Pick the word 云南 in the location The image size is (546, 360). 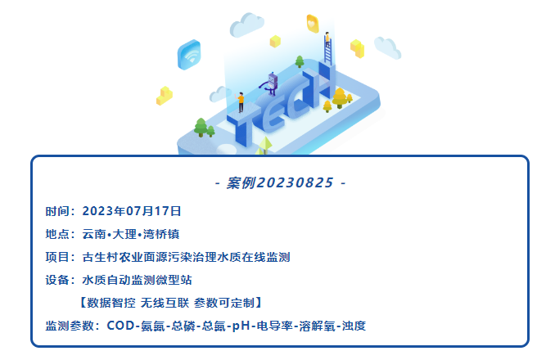[93, 233]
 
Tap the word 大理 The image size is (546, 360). [124, 233]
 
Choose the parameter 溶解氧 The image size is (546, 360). [317, 326]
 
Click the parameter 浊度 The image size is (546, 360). [354, 326]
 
